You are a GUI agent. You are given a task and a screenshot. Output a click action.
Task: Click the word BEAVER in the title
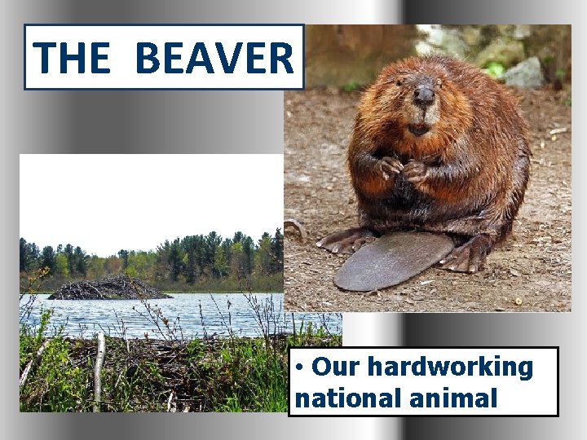pos(214,57)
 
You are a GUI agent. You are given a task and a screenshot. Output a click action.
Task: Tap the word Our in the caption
pos(337,367)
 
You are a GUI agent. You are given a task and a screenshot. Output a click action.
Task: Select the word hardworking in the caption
pos(450,367)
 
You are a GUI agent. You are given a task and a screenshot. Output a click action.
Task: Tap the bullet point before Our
pos(301,367)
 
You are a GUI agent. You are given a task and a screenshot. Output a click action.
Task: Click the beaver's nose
pos(424,95)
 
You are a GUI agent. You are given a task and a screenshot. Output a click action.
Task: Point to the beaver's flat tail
pos(391,262)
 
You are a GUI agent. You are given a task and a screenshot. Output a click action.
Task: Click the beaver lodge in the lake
pos(110,288)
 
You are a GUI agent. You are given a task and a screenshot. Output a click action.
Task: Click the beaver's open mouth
pos(418,127)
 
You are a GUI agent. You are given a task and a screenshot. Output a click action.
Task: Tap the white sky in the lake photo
pos(147,196)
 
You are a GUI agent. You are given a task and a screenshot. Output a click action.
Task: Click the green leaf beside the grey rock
pos(495,69)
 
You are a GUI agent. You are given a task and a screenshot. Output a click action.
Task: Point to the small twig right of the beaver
pos(558,130)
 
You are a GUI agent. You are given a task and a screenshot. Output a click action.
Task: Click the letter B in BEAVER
pos(148,57)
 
